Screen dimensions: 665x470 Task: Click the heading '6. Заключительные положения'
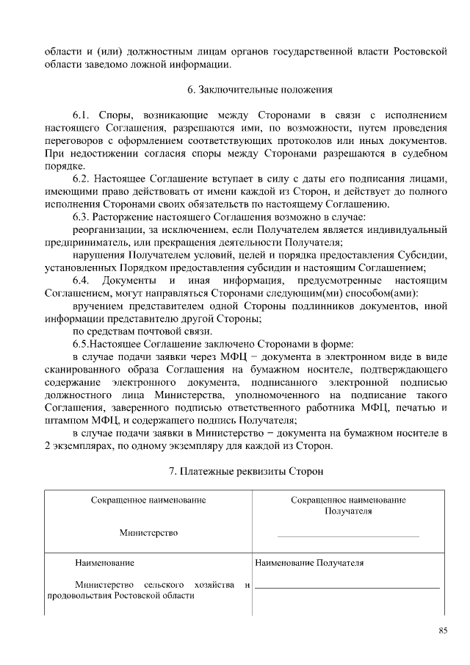(x=260, y=90)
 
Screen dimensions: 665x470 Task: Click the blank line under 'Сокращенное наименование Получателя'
(x=348, y=536)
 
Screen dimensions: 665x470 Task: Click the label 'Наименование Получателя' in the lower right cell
(x=309, y=564)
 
